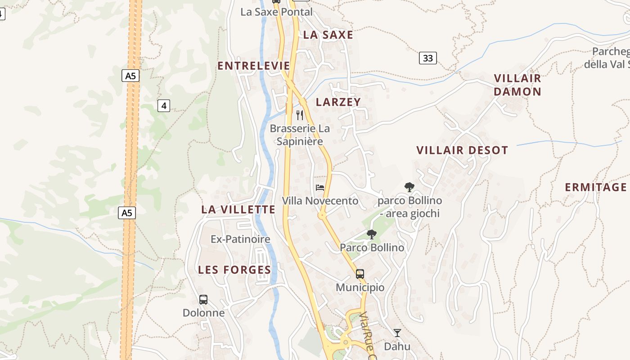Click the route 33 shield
coord(428,58)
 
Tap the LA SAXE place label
coord(328,35)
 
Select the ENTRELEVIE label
coord(254,66)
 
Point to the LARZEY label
coord(338,102)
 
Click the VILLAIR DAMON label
coord(517,85)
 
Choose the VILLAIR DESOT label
coord(462,150)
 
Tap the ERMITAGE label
coord(596,188)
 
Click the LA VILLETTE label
coord(238,210)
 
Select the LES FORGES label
coord(234,270)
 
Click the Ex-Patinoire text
coord(240,239)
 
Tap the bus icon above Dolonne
coord(203,300)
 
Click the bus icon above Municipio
coord(360,274)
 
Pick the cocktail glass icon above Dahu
coord(397,333)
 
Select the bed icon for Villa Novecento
coord(320,188)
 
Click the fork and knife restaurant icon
coord(300,115)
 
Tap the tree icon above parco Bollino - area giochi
coord(409,187)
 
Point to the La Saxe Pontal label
coord(276,12)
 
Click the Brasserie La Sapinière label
coord(300,135)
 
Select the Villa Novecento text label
coord(320,201)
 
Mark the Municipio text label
coord(360,288)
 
